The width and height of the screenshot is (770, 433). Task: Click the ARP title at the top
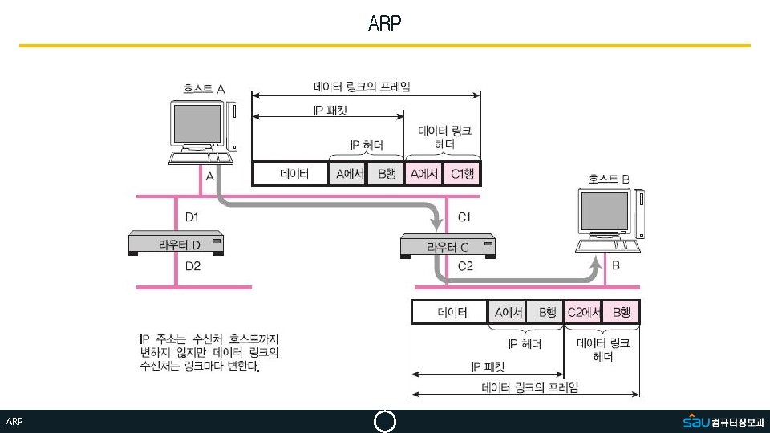[x=384, y=23]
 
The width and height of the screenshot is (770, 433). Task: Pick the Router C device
[x=449, y=245]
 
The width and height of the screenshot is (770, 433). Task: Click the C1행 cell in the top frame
[x=461, y=174]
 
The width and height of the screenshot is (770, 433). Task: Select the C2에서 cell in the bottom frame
[x=584, y=312]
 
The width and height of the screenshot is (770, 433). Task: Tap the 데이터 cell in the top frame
[x=290, y=174]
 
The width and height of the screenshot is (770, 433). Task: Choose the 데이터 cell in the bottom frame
[x=450, y=312]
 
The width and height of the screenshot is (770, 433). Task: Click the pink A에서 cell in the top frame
[x=423, y=174]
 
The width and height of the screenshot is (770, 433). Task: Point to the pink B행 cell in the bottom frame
[x=622, y=312]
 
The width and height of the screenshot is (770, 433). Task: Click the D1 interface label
[x=192, y=216]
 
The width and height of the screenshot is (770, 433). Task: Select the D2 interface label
[x=192, y=266]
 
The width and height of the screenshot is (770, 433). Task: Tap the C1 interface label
[x=464, y=216]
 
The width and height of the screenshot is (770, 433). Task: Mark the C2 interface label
[x=465, y=266]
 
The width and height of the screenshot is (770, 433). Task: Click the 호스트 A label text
[x=204, y=89]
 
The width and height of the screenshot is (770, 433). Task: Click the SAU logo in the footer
[x=695, y=421]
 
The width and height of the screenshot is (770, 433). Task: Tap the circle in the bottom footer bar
[x=385, y=422]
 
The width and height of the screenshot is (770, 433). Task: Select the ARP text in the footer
[x=14, y=422]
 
